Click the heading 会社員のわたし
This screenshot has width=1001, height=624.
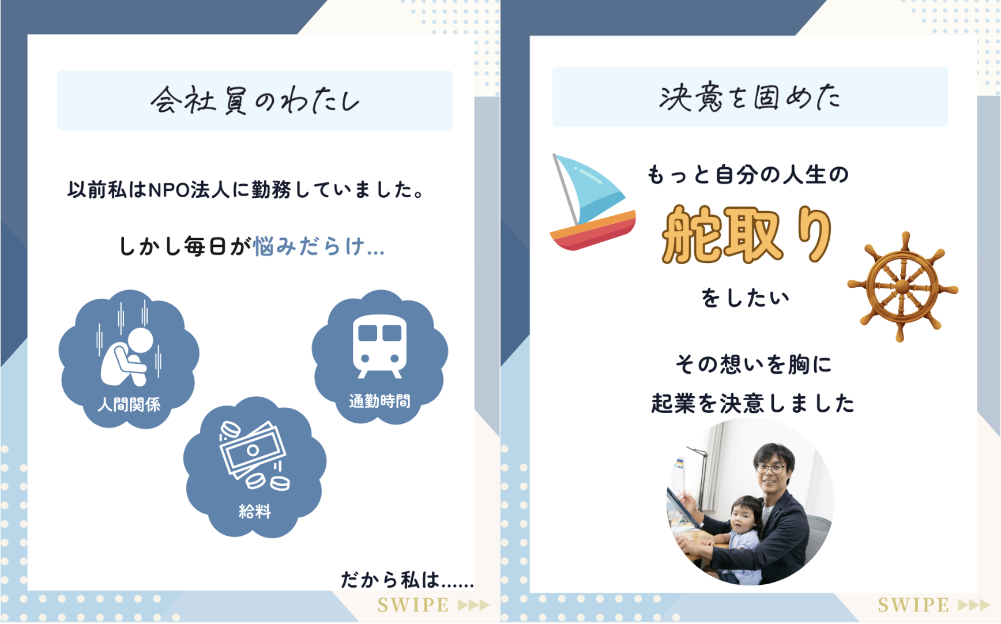(255, 100)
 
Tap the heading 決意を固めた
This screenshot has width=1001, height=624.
(750, 97)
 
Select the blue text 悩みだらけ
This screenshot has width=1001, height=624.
(311, 246)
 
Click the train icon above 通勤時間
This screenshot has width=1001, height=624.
(379, 346)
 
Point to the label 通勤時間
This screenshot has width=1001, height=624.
(379, 401)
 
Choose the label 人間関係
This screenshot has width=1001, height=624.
(129, 404)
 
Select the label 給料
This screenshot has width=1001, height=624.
(255, 511)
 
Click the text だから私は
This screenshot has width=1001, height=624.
(390, 580)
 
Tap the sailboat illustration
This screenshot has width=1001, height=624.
(592, 202)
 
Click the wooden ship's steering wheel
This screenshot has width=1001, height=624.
(902, 287)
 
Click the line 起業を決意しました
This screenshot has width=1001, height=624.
(752, 403)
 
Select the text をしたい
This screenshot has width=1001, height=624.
(745, 298)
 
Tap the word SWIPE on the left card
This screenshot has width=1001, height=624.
(413, 605)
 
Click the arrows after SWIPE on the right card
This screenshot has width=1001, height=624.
(974, 605)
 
